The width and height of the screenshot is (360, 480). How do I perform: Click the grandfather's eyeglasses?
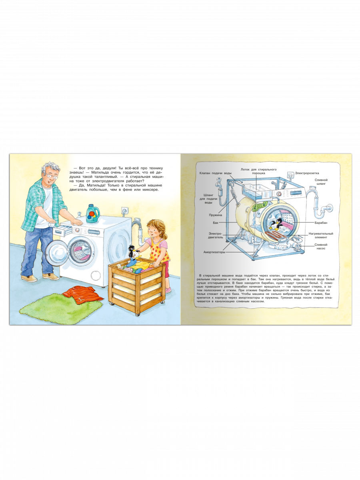pyautogui.click(x=52, y=176)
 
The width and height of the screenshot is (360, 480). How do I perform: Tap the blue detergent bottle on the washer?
pyautogui.click(x=93, y=214)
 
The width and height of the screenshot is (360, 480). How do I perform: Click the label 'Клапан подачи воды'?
pyautogui.click(x=215, y=173)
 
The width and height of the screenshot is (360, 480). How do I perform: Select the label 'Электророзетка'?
pyautogui.click(x=307, y=173)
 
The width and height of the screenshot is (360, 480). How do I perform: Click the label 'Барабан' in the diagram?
pyautogui.click(x=321, y=223)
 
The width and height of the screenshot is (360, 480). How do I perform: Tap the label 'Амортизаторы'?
pyautogui.click(x=214, y=252)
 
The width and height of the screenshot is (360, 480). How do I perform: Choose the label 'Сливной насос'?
pyautogui.click(x=321, y=246)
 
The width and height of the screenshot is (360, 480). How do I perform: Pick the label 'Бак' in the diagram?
pyautogui.click(x=216, y=223)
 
